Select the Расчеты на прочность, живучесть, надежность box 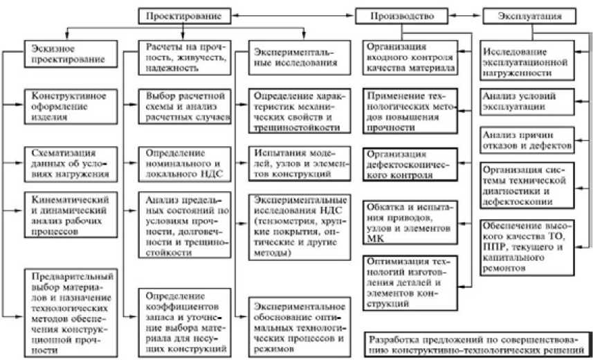coord(183,53)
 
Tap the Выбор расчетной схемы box coord(183,106)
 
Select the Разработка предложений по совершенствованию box coord(477,344)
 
